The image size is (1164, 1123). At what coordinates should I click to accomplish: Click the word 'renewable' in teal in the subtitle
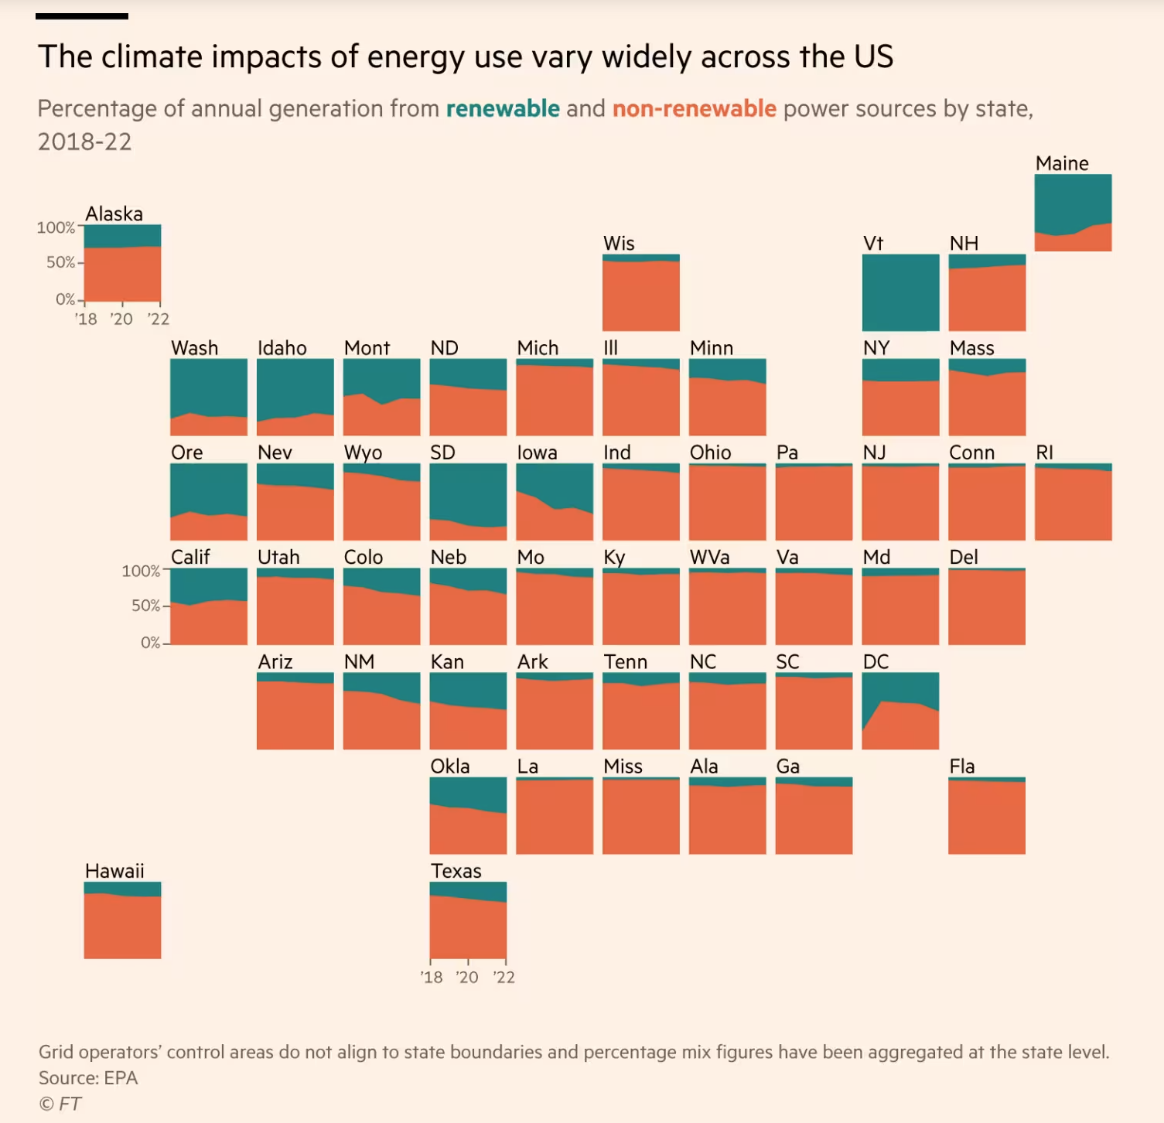pyautogui.click(x=503, y=109)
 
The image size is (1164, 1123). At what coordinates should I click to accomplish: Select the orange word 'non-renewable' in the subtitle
pyautogui.click(x=694, y=109)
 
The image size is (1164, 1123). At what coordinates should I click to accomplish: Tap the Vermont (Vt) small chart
pyautogui.click(x=900, y=293)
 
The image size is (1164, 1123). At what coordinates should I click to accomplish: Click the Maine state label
pyautogui.click(x=1062, y=164)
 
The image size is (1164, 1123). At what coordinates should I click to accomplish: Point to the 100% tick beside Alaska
pyautogui.click(x=56, y=227)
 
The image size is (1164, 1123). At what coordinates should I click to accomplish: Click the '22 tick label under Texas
pyautogui.click(x=503, y=978)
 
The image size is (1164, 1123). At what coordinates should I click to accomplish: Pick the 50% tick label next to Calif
pyautogui.click(x=145, y=606)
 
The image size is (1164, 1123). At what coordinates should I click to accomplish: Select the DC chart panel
pyautogui.click(x=900, y=711)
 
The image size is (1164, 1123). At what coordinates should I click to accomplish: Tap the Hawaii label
pyautogui.click(x=114, y=872)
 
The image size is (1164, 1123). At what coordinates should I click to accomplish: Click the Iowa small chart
pyautogui.click(x=555, y=502)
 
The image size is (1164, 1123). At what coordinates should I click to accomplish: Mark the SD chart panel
pyautogui.click(x=468, y=502)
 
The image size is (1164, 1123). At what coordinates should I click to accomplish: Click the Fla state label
pyautogui.click(x=962, y=766)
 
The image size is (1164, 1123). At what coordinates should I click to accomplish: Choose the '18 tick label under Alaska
pyautogui.click(x=86, y=319)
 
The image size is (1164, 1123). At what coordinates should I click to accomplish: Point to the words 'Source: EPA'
pyautogui.click(x=88, y=1078)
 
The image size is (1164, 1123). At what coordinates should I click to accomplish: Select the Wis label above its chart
pyautogui.click(x=619, y=244)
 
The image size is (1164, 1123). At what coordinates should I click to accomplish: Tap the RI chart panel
pyautogui.click(x=1073, y=502)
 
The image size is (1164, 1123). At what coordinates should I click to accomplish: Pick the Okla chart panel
pyautogui.click(x=468, y=815)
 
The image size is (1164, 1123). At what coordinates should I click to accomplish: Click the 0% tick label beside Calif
pyautogui.click(x=150, y=643)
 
